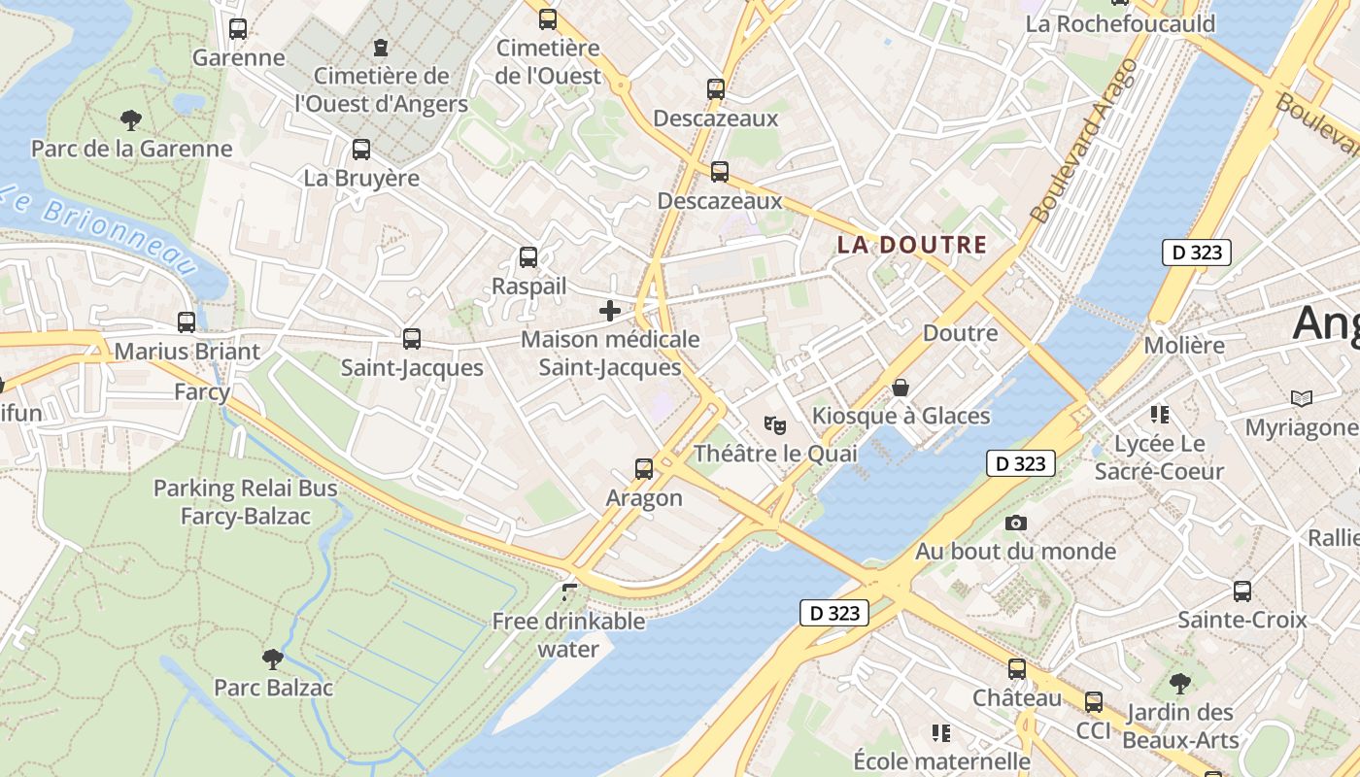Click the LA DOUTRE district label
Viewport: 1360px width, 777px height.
[x=912, y=245]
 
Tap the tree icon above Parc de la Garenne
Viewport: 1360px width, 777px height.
[x=131, y=120]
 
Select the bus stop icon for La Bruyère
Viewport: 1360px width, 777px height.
[x=361, y=150]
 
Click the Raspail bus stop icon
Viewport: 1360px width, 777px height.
[x=528, y=257]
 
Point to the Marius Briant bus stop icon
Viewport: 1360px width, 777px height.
[x=187, y=322]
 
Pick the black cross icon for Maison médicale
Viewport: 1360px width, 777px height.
[x=610, y=311]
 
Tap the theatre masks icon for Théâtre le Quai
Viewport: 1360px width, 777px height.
[x=774, y=424]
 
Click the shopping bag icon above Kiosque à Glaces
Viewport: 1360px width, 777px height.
[x=901, y=388]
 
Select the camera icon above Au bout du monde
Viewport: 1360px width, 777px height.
[x=1016, y=524]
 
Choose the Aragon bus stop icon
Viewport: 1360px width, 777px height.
[x=644, y=469]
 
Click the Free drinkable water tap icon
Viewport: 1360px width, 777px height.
[x=569, y=591]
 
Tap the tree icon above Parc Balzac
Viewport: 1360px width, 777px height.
[x=273, y=659]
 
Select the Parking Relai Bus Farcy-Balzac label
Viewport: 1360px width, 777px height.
[x=246, y=502]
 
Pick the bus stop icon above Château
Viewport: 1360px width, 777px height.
[x=1017, y=669]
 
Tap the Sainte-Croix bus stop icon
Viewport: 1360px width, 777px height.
[x=1242, y=591]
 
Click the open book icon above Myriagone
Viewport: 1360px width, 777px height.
[x=1302, y=398]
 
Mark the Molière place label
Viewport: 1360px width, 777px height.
[x=1184, y=345]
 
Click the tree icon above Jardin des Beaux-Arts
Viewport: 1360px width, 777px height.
[x=1180, y=684]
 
